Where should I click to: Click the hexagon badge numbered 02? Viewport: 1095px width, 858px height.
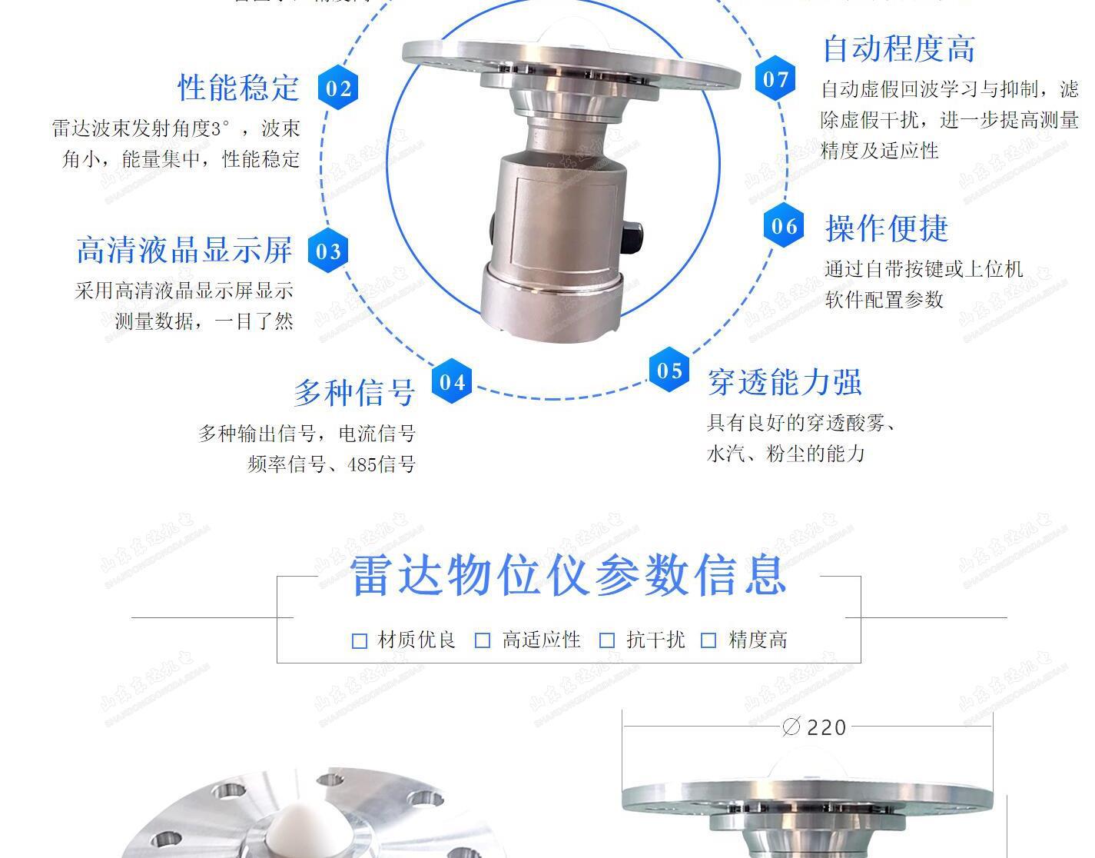[x=338, y=88]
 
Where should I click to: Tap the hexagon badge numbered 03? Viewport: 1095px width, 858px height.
[x=328, y=251]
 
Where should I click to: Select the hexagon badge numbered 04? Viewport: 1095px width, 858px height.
[x=452, y=381]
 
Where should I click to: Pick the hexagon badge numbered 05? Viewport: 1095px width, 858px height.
[x=669, y=371]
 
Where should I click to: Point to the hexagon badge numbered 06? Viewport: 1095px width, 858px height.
[x=784, y=226]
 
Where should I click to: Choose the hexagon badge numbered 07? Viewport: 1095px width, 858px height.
[x=775, y=79]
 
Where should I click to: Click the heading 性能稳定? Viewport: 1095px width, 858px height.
[x=238, y=88]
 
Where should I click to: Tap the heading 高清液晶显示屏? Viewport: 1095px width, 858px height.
[x=184, y=250]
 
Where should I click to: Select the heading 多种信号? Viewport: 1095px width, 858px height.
[x=354, y=392]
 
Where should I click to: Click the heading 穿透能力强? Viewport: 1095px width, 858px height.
[x=785, y=382]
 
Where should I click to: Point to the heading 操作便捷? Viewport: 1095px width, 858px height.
[x=887, y=228]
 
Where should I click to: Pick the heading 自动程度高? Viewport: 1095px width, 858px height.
[x=898, y=49]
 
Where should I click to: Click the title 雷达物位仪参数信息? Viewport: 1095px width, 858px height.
[x=569, y=575]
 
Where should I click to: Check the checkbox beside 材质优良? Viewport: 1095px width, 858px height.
[x=359, y=640]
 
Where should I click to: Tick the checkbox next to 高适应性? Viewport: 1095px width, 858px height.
[x=483, y=640]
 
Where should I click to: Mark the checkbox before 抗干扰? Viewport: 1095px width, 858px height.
[x=607, y=640]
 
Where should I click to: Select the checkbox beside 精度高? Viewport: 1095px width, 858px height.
[x=708, y=640]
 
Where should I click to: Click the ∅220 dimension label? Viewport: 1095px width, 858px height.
[x=815, y=727]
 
